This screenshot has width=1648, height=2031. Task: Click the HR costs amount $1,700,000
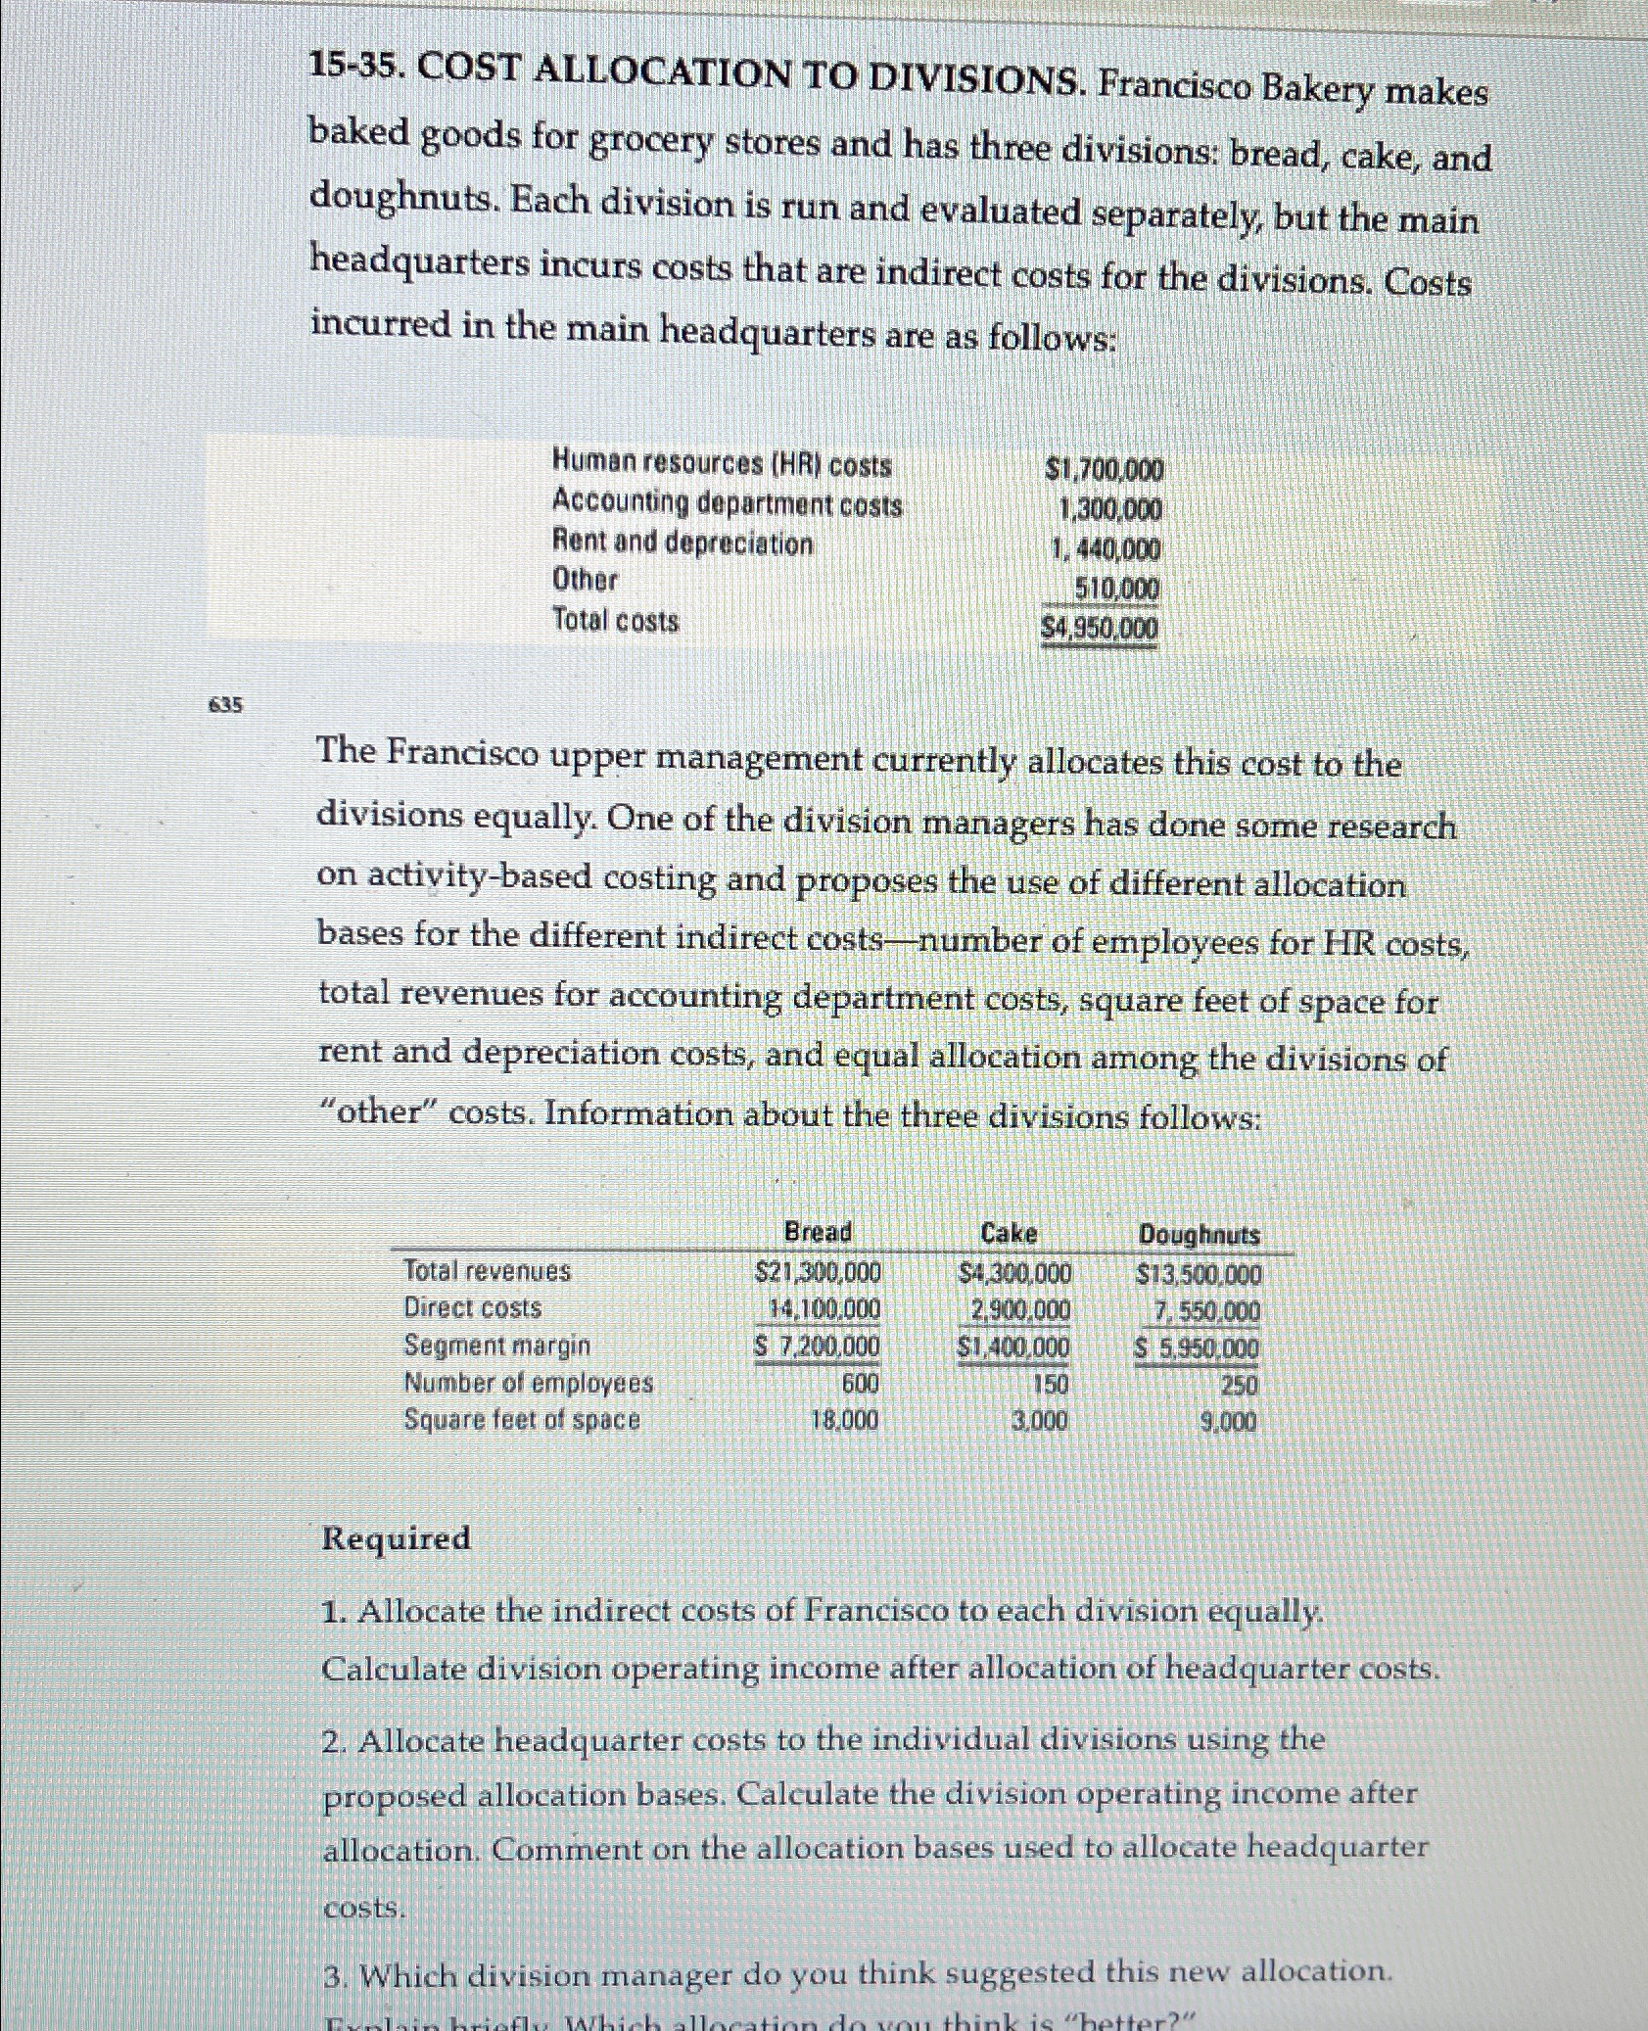[x=1104, y=471]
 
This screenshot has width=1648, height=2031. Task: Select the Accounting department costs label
[x=728, y=504]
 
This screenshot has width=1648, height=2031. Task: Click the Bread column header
[x=818, y=1231]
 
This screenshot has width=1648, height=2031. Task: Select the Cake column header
[x=1009, y=1233]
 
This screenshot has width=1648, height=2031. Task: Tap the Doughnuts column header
[x=1199, y=1235]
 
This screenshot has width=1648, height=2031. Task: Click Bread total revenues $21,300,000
[x=819, y=1272]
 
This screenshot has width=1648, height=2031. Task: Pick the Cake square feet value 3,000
[x=1039, y=1421]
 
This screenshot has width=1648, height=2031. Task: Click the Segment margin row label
[x=497, y=1346]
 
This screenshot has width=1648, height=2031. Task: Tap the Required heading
[x=396, y=1538]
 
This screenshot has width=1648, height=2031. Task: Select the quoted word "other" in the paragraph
[x=379, y=1113]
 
